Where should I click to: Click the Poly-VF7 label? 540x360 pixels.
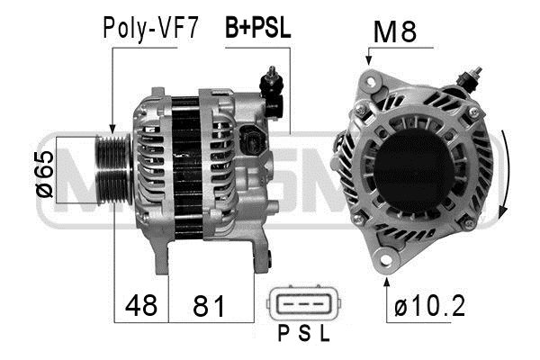[x=150, y=28]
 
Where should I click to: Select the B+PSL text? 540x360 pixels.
[x=257, y=27]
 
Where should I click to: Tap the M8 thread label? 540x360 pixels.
[x=395, y=31]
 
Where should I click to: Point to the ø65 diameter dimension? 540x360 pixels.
[x=45, y=175]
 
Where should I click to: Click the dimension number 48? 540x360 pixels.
[x=141, y=305]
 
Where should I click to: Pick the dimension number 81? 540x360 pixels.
[x=209, y=306]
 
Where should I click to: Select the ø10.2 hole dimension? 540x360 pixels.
[x=429, y=306]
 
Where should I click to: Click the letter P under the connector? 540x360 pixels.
[x=283, y=333]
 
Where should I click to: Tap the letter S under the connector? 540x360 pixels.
[x=304, y=333]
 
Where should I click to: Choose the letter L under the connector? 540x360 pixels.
[x=325, y=333]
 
